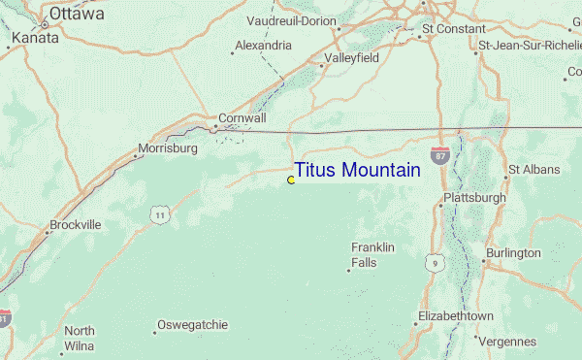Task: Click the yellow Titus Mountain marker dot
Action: [291, 180]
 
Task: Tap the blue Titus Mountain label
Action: [357, 171]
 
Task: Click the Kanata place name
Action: [35, 39]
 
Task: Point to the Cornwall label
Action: [242, 117]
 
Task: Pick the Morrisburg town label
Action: [168, 148]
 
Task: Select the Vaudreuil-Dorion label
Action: [291, 20]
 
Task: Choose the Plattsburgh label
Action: [474, 198]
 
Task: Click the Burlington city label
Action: [513, 252]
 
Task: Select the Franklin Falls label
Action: [372, 255]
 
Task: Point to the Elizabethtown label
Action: [455, 317]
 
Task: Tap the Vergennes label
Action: [505, 341]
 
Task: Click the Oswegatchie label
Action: [193, 324]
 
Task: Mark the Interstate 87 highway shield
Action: [441, 155]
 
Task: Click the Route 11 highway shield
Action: [159, 213]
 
